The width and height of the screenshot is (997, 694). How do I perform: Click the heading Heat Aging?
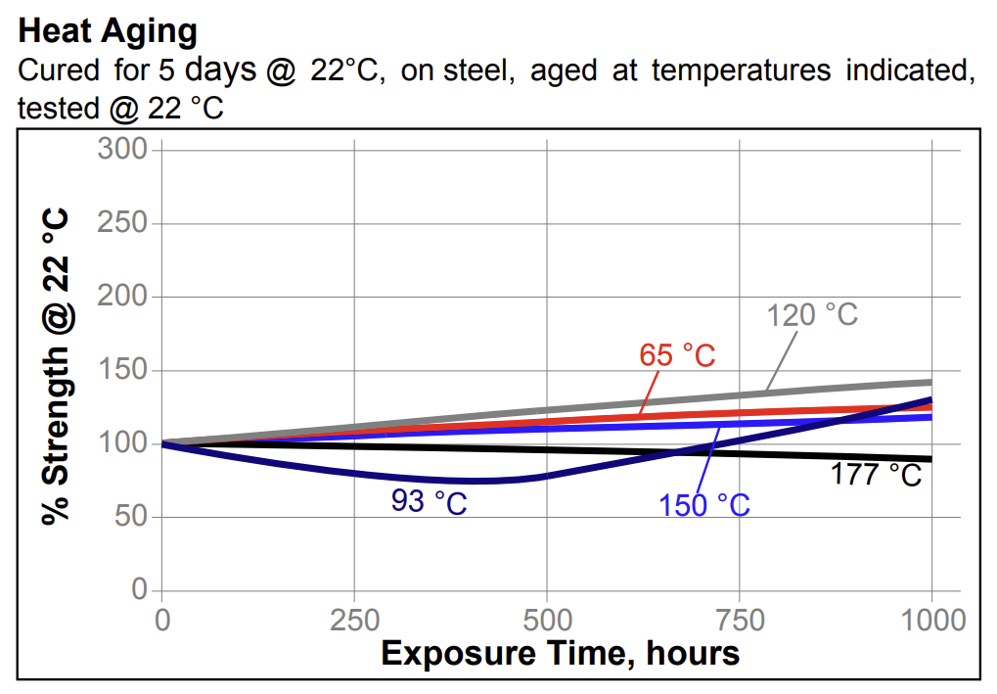tap(108, 31)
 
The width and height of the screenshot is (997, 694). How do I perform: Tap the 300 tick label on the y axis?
tap(122, 150)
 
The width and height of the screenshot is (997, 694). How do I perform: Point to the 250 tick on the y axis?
tap(122, 223)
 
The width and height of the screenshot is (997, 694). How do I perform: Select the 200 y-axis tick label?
tap(122, 297)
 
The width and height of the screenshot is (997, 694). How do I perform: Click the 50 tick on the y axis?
tap(131, 517)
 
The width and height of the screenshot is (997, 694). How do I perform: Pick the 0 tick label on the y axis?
tap(139, 590)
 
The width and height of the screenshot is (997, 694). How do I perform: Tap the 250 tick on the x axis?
tap(353, 620)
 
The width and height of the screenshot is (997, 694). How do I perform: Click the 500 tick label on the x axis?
tap(546, 620)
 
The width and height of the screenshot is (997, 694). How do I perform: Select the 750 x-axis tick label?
tap(739, 620)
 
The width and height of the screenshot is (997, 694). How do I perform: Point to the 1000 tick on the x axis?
tap(930, 620)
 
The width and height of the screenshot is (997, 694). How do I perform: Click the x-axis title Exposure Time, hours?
tap(560, 653)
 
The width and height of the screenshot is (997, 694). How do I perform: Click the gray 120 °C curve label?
tap(812, 315)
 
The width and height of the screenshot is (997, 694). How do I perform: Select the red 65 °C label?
tap(677, 355)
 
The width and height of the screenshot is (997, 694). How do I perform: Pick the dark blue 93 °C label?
tap(430, 502)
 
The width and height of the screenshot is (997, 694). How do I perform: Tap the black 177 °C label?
tap(876, 476)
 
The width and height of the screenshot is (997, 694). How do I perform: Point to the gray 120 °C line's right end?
tap(929, 382)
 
